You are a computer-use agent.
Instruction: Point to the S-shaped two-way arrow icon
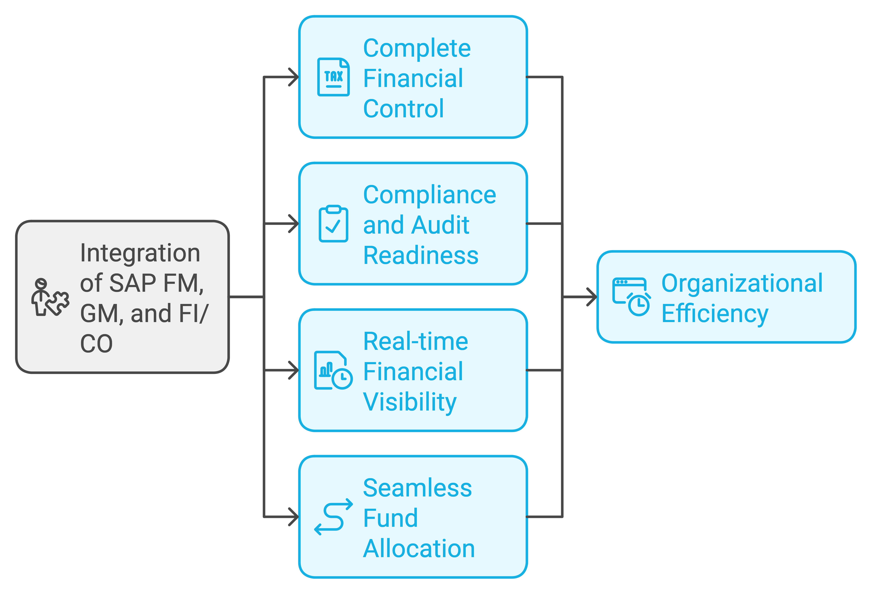tap(333, 517)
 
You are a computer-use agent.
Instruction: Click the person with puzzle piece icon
tap(50, 297)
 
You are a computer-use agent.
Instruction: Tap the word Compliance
tap(430, 195)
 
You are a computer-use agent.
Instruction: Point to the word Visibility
tap(410, 402)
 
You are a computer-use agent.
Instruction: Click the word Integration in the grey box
tap(140, 253)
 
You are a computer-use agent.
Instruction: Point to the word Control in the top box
tap(403, 109)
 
